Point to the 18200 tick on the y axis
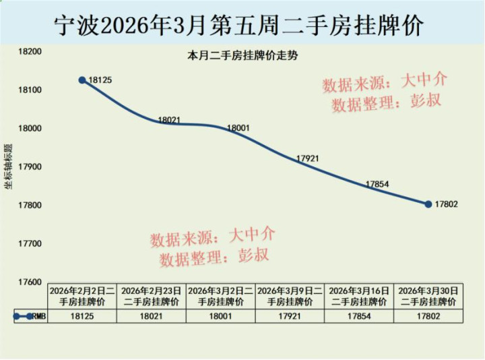pyautogui.click(x=30, y=52)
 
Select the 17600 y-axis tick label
pyautogui.click(x=30, y=282)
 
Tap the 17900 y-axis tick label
pyautogui.click(x=30, y=167)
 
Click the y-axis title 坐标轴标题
pyautogui.click(x=9, y=167)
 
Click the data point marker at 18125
pyautogui.click(x=82, y=80)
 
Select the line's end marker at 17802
pyautogui.click(x=428, y=204)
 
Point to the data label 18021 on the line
pyautogui.click(x=169, y=120)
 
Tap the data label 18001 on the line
pyautogui.click(x=238, y=127)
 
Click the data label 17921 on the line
pyautogui.click(x=307, y=158)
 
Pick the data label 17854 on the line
pyautogui.click(x=377, y=184)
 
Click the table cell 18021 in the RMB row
pyautogui.click(x=152, y=316)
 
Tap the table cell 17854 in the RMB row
pyautogui.click(x=359, y=316)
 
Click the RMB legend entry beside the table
pyautogui.click(x=30, y=316)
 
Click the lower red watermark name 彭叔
pyautogui.click(x=253, y=256)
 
